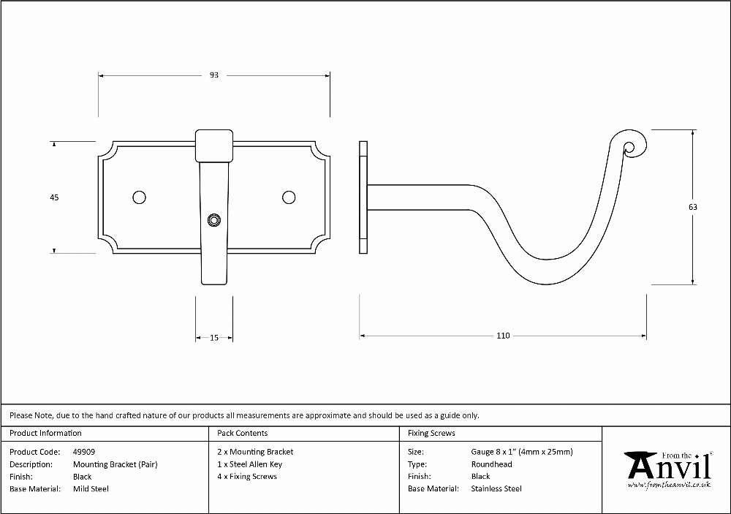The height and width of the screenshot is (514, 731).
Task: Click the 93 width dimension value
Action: [214, 75]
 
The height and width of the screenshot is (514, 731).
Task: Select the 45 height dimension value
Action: [54, 197]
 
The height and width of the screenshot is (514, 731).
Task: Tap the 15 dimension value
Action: [214, 338]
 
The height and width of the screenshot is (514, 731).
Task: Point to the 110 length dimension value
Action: [503, 336]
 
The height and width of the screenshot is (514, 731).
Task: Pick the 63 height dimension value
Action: [693, 207]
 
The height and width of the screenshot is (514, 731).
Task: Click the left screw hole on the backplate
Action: [139, 197]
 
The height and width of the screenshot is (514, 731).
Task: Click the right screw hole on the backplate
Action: [289, 197]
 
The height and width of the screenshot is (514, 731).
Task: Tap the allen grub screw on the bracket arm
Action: [214, 220]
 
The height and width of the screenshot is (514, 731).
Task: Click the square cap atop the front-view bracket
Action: [214, 146]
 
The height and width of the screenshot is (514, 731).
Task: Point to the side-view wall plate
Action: [363, 197]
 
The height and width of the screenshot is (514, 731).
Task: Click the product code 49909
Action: [84, 452]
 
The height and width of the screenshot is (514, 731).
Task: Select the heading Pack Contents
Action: [243, 434]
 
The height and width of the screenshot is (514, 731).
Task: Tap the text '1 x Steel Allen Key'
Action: [249, 464]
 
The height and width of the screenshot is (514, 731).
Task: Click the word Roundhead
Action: [491, 464]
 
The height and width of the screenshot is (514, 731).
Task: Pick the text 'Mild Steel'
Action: [91, 489]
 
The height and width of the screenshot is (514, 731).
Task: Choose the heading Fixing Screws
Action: [431, 434]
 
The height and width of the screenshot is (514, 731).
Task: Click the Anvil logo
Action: [669, 469]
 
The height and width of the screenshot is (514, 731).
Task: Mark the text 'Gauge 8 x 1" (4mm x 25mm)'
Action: [522, 452]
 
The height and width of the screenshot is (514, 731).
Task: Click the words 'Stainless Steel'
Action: [496, 489]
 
